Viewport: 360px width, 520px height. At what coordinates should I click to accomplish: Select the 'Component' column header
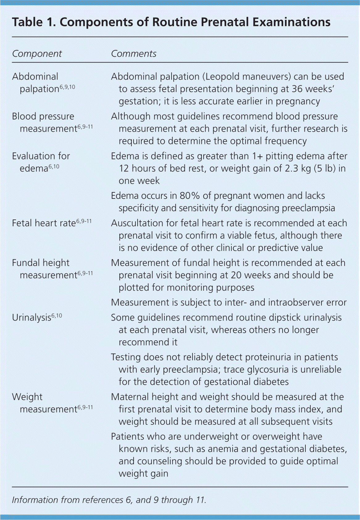37,54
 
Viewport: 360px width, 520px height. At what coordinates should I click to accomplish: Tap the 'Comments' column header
134,54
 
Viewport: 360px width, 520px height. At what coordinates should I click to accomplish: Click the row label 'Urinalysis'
31,317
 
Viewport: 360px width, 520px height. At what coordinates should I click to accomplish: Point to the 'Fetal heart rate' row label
44,223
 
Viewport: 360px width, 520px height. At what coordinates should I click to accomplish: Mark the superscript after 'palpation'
67,87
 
